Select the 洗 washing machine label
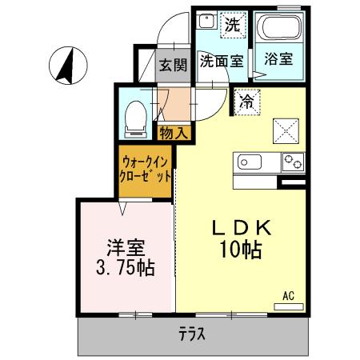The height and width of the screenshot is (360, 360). pyautogui.click(x=231, y=24)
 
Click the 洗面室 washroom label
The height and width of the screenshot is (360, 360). pyautogui.click(x=222, y=60)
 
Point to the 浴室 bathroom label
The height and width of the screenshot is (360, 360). pyautogui.click(x=279, y=60)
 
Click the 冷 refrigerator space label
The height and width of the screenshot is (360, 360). pyautogui.click(x=247, y=102)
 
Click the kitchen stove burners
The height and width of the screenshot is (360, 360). pyautogui.click(x=292, y=163)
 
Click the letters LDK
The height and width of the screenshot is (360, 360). pyautogui.click(x=240, y=228)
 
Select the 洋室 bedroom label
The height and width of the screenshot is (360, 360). pyautogui.click(x=126, y=243)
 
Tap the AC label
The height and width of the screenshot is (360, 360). pyautogui.click(x=288, y=296)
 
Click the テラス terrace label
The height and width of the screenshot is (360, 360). pyautogui.click(x=192, y=334)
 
